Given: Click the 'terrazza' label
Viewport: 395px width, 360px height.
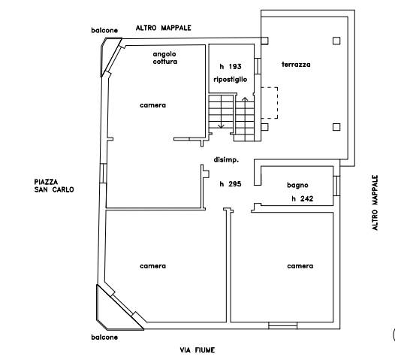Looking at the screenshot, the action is [296, 65].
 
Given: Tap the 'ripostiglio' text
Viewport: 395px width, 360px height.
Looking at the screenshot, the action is [231, 80].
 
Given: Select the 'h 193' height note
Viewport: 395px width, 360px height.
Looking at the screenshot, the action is [231, 67].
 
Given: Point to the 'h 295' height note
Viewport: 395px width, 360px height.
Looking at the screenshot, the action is [231, 184].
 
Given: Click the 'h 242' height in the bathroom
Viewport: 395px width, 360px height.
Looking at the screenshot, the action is [303, 198].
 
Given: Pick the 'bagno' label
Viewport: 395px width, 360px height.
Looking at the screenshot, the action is [297, 186].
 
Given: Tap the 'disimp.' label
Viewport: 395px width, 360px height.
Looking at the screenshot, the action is [226, 160].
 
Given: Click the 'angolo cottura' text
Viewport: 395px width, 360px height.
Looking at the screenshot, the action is [165, 58].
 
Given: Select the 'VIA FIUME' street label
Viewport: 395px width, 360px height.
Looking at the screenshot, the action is [197, 350].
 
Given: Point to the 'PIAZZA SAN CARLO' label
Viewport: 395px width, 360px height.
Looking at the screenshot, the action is [54, 186].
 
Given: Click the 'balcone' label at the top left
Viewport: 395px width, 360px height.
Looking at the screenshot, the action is [104, 30].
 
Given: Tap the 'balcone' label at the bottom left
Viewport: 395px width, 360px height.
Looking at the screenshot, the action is [104, 337].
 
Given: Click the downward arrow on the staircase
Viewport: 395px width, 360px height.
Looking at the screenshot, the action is [222, 112].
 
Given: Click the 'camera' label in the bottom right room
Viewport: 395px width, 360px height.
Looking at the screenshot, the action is [300, 266].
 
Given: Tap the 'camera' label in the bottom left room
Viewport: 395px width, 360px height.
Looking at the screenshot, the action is [153, 266].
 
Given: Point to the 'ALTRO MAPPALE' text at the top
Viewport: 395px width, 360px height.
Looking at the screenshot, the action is [164, 28].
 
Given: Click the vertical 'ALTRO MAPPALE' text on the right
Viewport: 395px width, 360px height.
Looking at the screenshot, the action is [375, 203].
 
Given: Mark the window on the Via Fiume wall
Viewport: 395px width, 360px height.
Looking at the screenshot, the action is [282, 325].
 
